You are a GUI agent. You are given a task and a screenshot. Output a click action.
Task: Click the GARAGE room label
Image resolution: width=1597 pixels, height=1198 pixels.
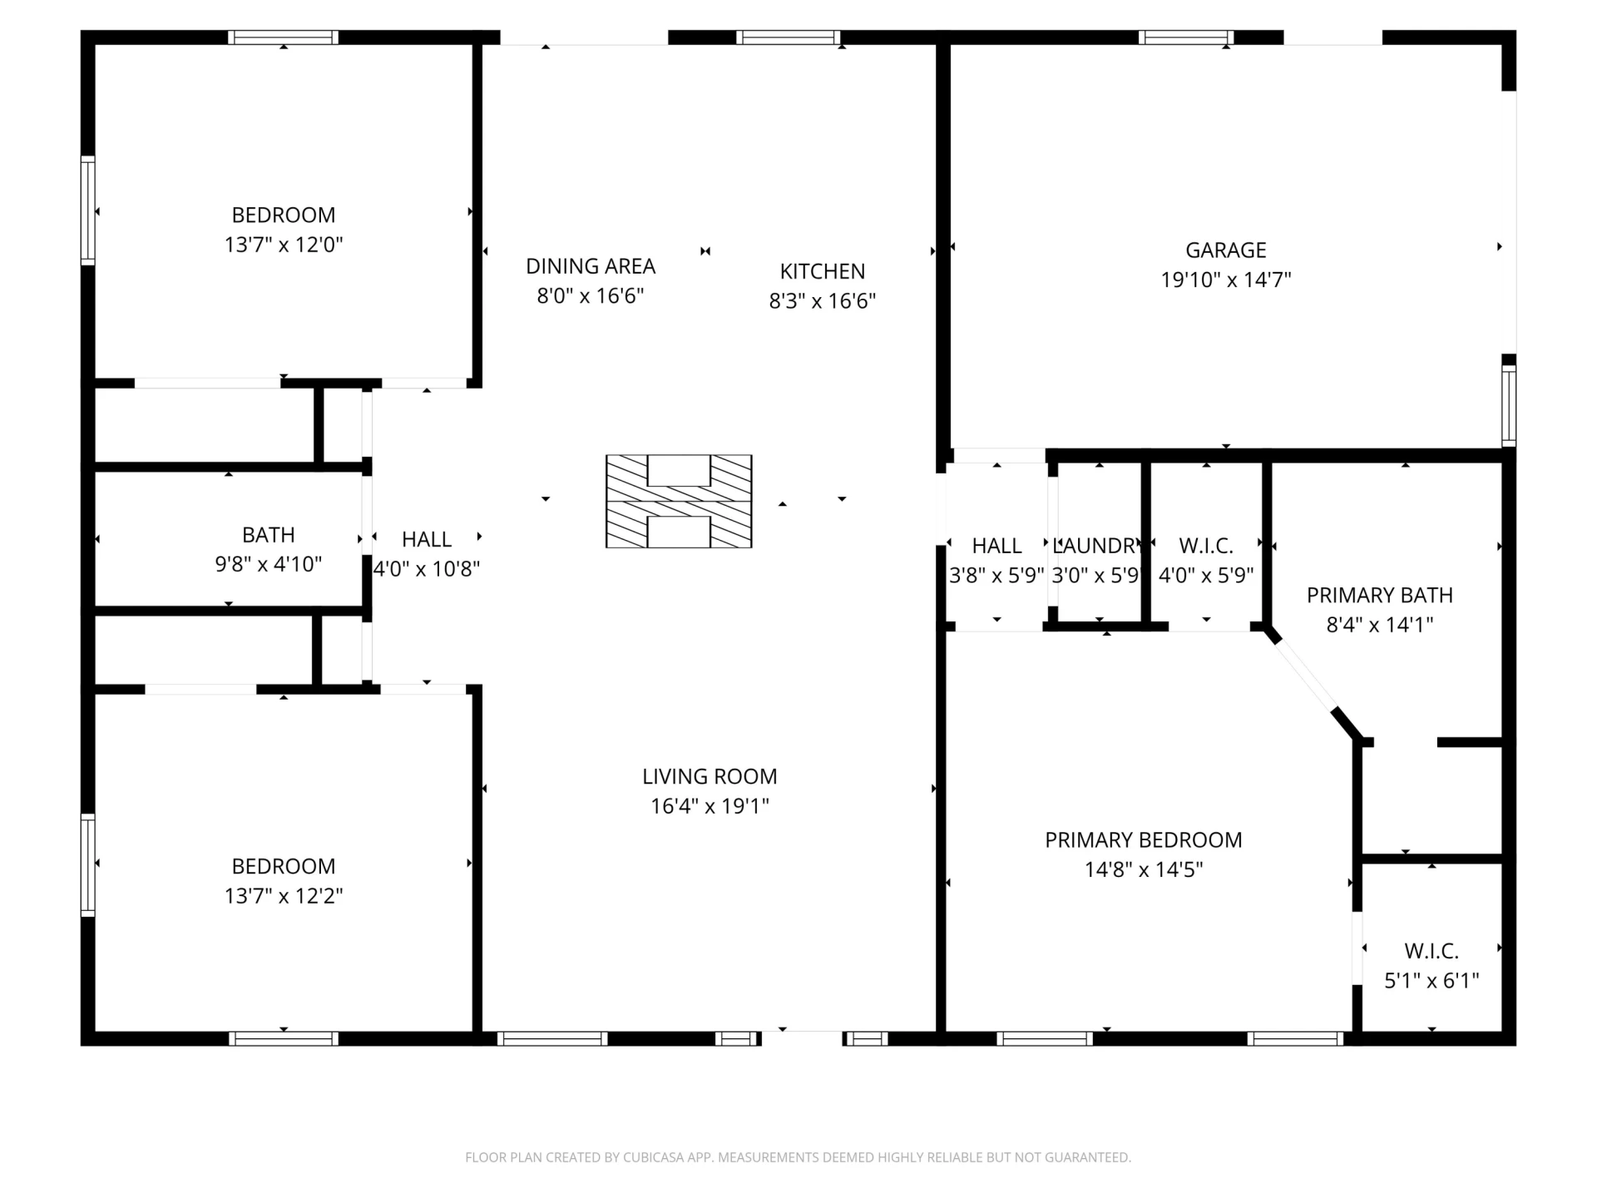tap(1225, 250)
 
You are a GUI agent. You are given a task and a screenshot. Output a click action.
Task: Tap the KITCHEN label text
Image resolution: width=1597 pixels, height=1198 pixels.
tap(822, 271)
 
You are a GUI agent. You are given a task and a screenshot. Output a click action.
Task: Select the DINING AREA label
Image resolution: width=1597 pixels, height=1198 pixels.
tap(591, 266)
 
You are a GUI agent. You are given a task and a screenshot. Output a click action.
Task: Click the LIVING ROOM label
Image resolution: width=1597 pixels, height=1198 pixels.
tap(710, 776)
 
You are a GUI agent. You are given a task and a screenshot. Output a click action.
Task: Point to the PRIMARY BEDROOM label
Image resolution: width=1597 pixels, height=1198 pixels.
tap(1144, 840)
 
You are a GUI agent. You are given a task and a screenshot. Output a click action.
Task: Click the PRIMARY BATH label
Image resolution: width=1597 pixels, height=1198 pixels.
tap(1380, 596)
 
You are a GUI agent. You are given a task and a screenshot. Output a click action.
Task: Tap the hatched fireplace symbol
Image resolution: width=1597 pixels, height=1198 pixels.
tap(679, 502)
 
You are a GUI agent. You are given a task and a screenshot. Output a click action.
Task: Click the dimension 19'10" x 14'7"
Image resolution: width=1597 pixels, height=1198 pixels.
tap(1226, 280)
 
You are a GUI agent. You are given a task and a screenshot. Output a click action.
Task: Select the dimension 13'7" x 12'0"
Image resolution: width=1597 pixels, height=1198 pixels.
tap(284, 245)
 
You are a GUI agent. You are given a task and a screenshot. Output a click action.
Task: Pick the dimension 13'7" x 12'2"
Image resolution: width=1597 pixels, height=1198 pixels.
tap(284, 896)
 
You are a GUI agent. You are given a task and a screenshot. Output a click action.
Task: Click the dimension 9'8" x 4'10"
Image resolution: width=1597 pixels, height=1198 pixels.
tap(269, 564)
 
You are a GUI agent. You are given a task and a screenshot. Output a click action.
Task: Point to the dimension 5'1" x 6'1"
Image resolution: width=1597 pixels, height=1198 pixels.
tap(1431, 981)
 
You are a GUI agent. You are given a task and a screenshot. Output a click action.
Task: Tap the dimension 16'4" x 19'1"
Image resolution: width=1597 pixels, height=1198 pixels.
tap(710, 806)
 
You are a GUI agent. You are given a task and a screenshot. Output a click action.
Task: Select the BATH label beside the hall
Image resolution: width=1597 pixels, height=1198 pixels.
tap(269, 535)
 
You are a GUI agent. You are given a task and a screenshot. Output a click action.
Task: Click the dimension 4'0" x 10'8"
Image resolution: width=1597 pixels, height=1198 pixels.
tap(427, 569)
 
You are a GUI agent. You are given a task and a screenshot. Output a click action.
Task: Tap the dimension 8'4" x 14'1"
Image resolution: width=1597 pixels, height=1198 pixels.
tap(1380, 625)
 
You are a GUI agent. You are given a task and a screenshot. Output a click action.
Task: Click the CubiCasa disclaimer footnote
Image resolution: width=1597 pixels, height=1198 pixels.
tap(798, 1157)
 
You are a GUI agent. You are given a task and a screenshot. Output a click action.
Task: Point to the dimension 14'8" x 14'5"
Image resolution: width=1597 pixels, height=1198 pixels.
tap(1144, 869)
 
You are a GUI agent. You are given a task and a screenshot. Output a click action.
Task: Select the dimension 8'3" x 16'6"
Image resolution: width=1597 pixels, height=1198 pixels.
tap(823, 301)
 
